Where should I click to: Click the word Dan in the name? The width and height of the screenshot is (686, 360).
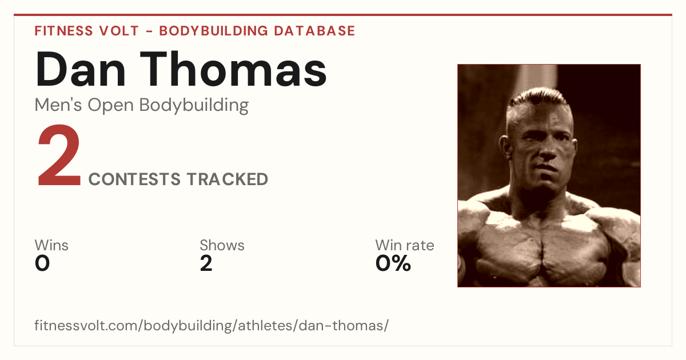click(80, 69)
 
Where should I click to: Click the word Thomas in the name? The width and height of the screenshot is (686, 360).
click(233, 69)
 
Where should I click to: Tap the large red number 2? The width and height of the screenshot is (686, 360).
click(59, 155)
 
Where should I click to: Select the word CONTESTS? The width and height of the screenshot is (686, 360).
click(134, 179)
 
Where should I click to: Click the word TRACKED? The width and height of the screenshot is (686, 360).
click(228, 179)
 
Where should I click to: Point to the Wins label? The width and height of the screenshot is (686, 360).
click(51, 245)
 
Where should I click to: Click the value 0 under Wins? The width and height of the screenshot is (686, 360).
click(42, 263)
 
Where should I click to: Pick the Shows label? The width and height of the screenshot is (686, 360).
click(222, 245)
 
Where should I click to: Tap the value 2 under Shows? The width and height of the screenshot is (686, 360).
click(206, 263)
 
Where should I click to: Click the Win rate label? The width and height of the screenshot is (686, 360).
click(405, 245)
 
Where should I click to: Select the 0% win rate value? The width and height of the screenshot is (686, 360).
click(393, 263)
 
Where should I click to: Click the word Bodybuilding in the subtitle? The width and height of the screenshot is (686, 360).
click(194, 105)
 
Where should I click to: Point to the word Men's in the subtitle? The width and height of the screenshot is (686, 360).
click(58, 105)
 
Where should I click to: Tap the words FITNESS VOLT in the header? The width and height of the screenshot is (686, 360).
click(87, 31)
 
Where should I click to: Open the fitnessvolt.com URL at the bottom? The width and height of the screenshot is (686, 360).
click(212, 325)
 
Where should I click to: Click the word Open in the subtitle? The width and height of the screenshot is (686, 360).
click(110, 105)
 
